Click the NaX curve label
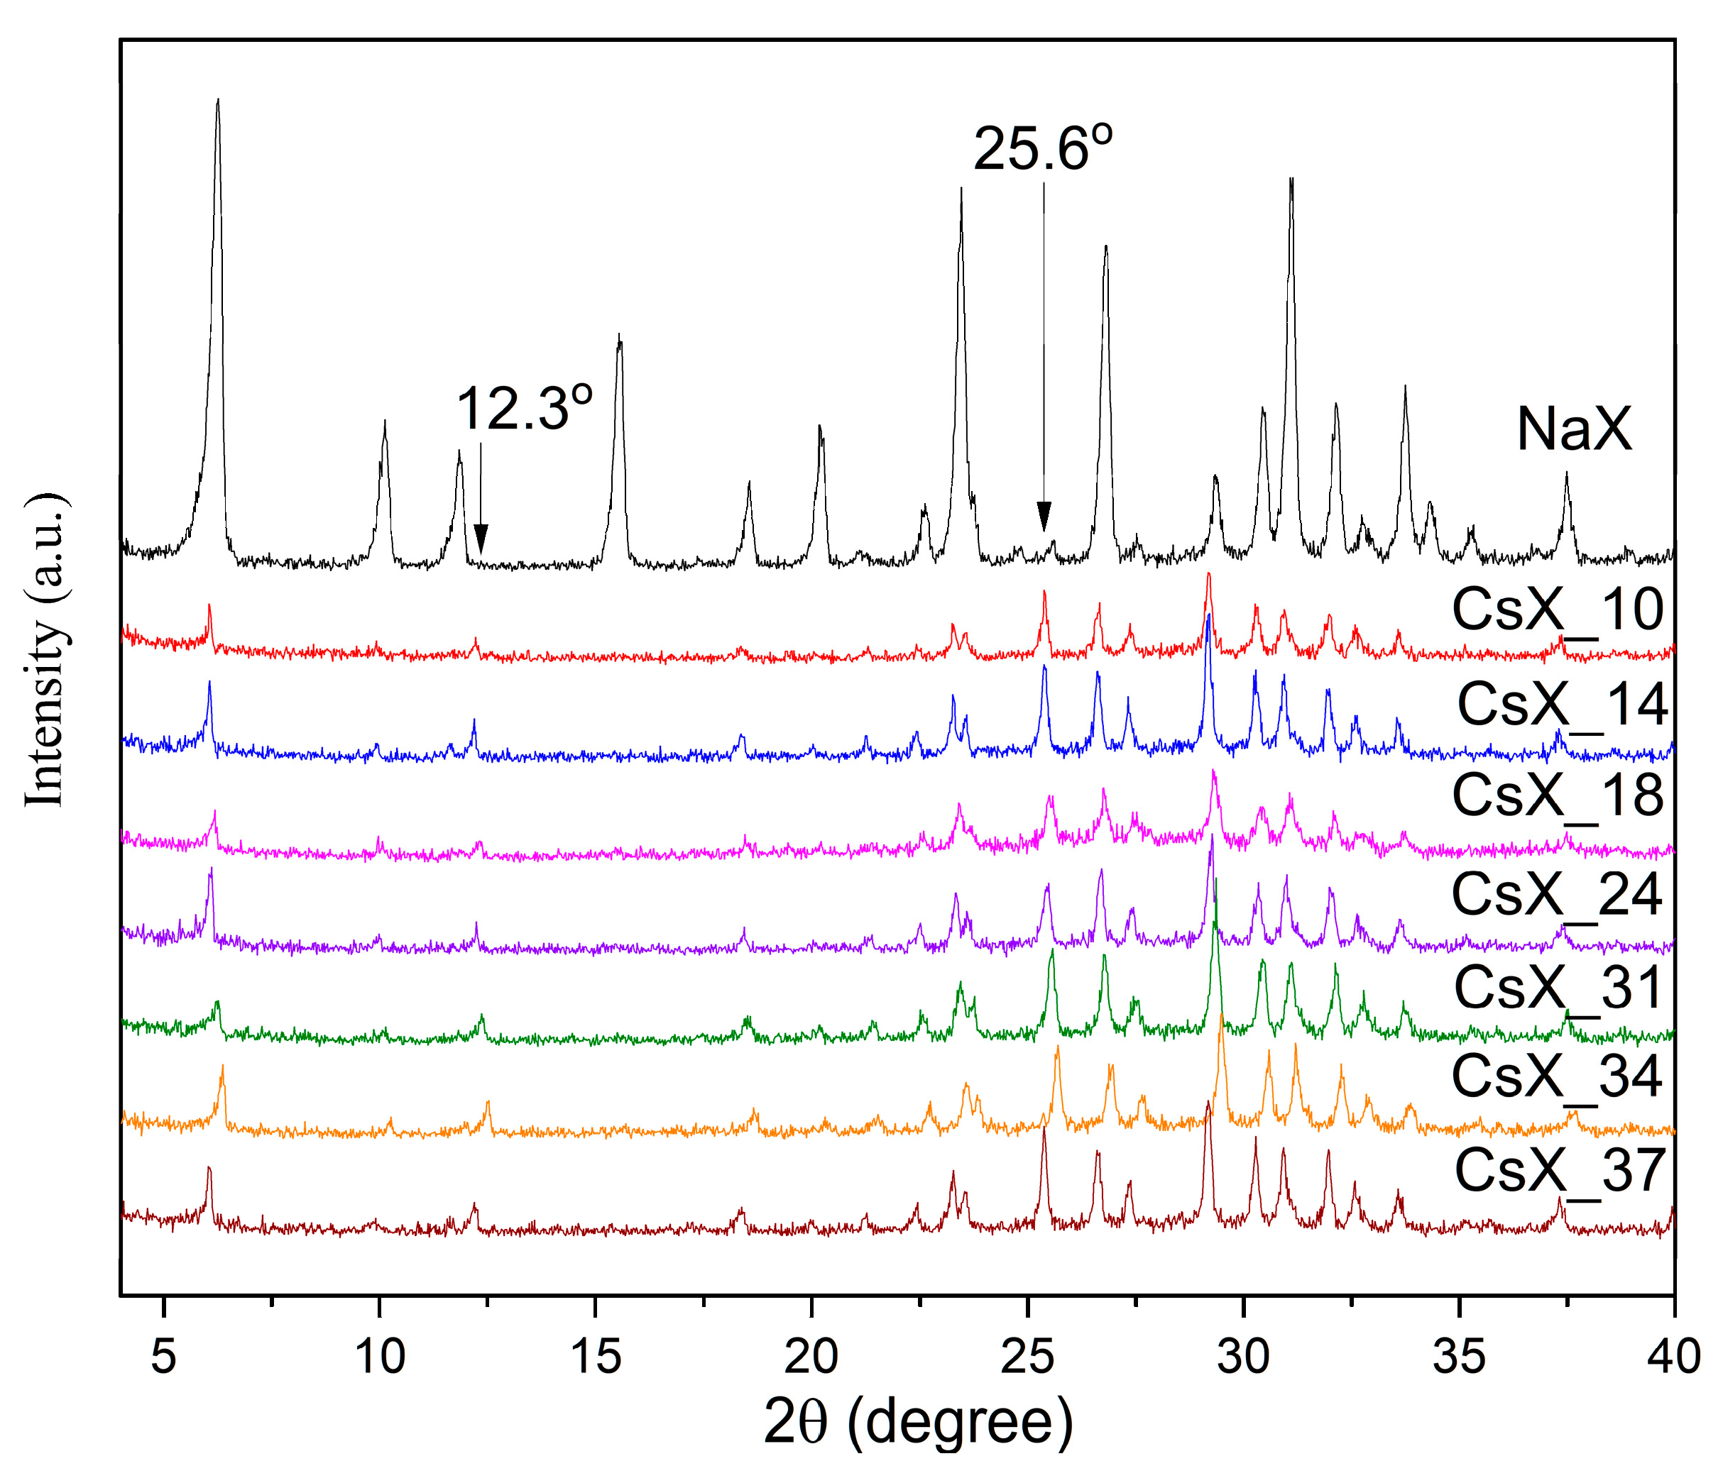click(x=1573, y=430)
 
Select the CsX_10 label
click(x=1558, y=611)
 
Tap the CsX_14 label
click(x=1562, y=705)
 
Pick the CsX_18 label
click(x=1558, y=796)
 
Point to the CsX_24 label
click(x=1557, y=895)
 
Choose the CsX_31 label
click(x=1558, y=988)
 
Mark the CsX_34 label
click(x=1557, y=1077)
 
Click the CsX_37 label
click(x=1559, y=1171)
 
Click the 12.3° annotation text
click(x=524, y=409)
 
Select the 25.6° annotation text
click(x=1043, y=150)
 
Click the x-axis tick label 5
click(x=164, y=1357)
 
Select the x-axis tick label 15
click(x=596, y=1357)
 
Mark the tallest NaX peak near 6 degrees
click(x=218, y=101)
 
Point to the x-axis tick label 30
click(x=1243, y=1357)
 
